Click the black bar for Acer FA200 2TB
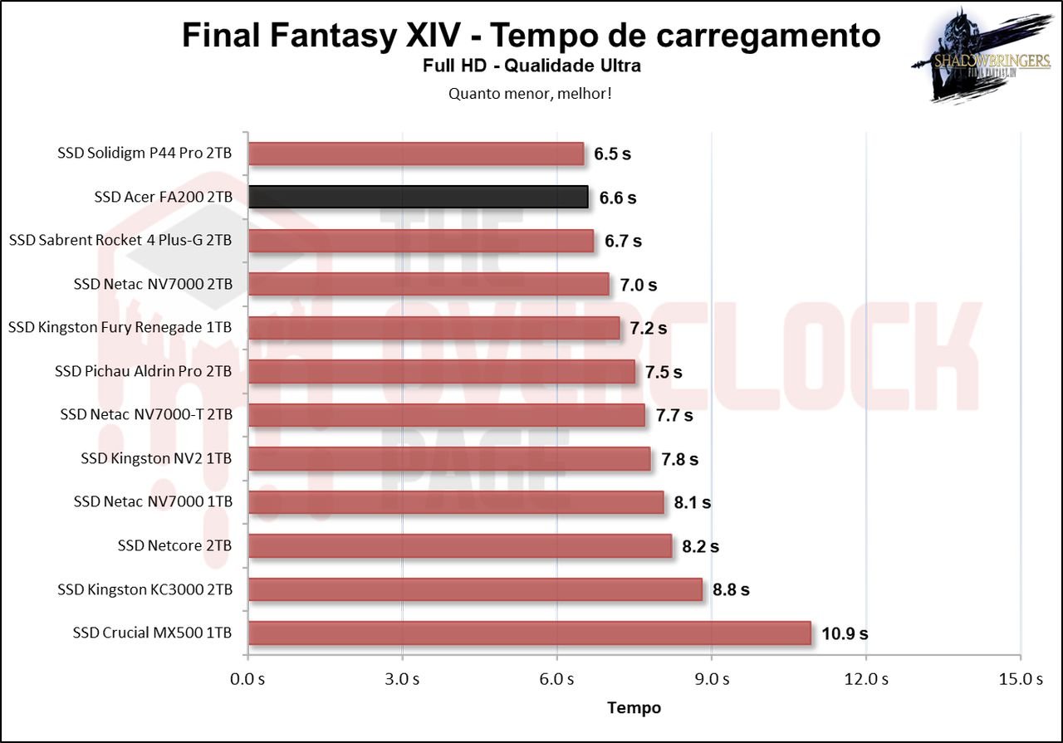418,197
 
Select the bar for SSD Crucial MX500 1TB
529,633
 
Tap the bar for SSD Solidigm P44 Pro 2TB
416,154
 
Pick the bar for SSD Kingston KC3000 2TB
475,589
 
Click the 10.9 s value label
845,633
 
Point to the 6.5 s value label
612,154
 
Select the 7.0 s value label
638,285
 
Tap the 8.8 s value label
731,589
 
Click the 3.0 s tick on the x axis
402,679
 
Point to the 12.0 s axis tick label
866,679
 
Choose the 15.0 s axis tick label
1021,679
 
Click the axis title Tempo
634,707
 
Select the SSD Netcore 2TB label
174,545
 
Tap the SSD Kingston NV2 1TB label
156,458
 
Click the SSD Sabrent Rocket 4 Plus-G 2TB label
120,241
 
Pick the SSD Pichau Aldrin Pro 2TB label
143,371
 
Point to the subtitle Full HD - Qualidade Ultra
531,66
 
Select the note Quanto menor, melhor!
531,93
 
